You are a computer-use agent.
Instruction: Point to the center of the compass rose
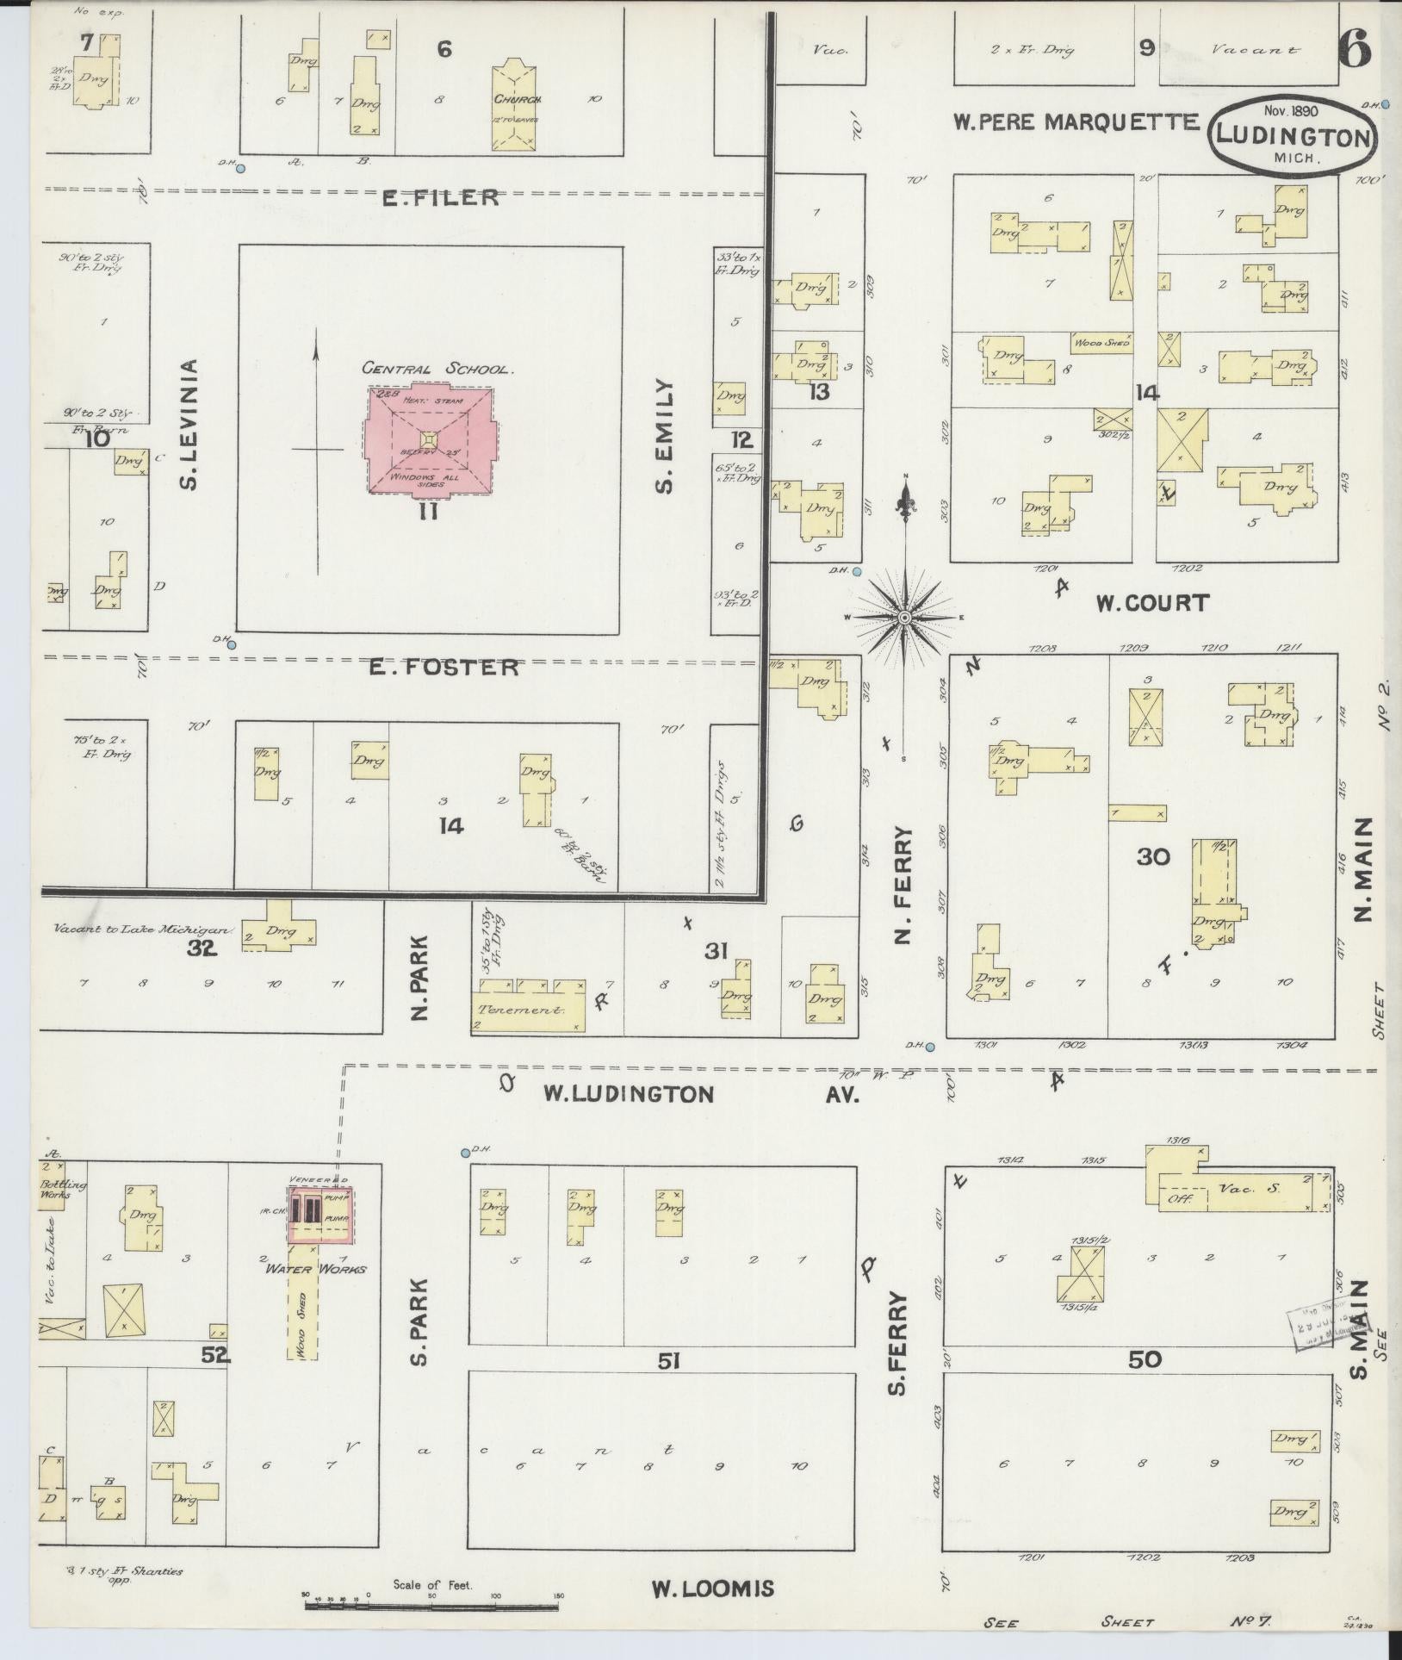tap(905, 619)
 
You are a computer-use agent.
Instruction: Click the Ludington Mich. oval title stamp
tap(1293, 135)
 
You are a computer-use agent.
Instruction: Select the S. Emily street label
tap(664, 438)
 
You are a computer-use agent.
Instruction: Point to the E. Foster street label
tap(444, 667)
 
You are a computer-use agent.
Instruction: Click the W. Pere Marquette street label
tap(1076, 121)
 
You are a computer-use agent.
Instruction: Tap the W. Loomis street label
tap(711, 1589)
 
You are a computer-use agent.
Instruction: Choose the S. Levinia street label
tap(190, 425)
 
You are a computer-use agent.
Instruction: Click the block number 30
tap(1153, 856)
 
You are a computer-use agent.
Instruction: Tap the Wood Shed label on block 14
tap(1101, 343)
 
